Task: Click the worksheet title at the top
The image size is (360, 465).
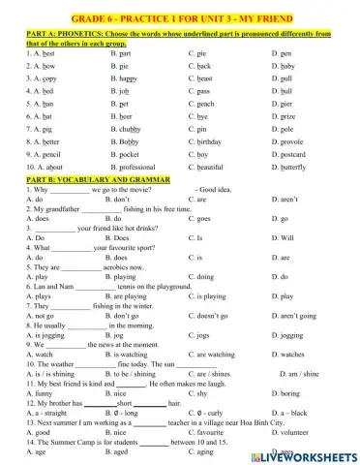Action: coord(179,15)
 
